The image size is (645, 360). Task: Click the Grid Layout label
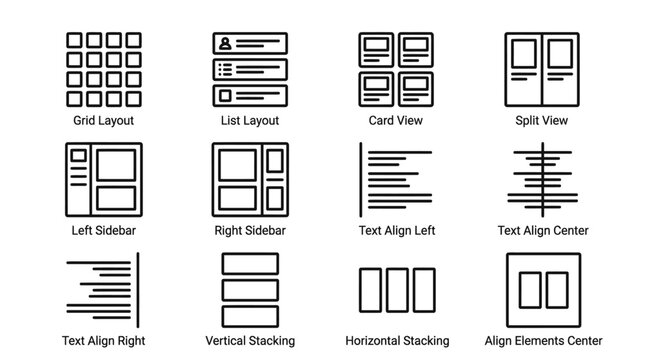tap(103, 121)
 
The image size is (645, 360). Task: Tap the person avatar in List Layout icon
tap(225, 44)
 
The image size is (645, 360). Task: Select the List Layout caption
tap(249, 121)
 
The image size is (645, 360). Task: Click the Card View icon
tap(396, 67)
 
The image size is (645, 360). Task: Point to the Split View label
tap(542, 121)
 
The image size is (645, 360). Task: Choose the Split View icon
tap(542, 67)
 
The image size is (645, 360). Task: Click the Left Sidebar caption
tap(103, 231)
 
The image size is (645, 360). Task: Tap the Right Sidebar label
tap(250, 231)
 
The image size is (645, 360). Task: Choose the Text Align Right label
tap(103, 341)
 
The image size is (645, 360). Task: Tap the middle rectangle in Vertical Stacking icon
tap(249, 287)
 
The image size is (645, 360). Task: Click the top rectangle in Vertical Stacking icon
tap(249, 263)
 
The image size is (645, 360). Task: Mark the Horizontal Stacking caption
tap(396, 341)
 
